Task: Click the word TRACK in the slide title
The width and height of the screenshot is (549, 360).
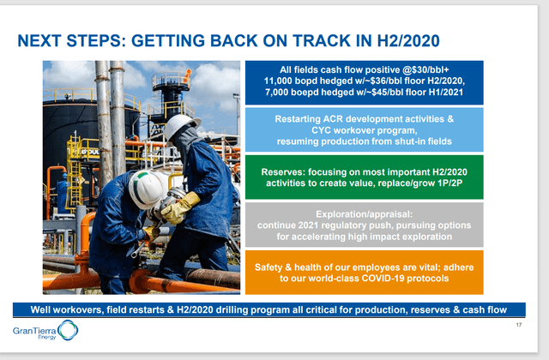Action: (322, 40)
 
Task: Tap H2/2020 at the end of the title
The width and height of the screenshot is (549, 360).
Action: (408, 40)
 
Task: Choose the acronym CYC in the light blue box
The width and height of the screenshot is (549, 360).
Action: (321, 130)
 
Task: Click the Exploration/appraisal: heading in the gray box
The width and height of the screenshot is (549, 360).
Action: (364, 214)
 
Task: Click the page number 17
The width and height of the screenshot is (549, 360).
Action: (518, 325)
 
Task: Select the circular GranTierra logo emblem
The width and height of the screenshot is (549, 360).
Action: (68, 330)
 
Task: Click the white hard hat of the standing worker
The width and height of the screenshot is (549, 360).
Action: (181, 126)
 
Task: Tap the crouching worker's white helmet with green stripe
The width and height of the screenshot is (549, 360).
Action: (146, 189)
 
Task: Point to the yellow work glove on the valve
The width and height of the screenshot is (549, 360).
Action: (179, 208)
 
